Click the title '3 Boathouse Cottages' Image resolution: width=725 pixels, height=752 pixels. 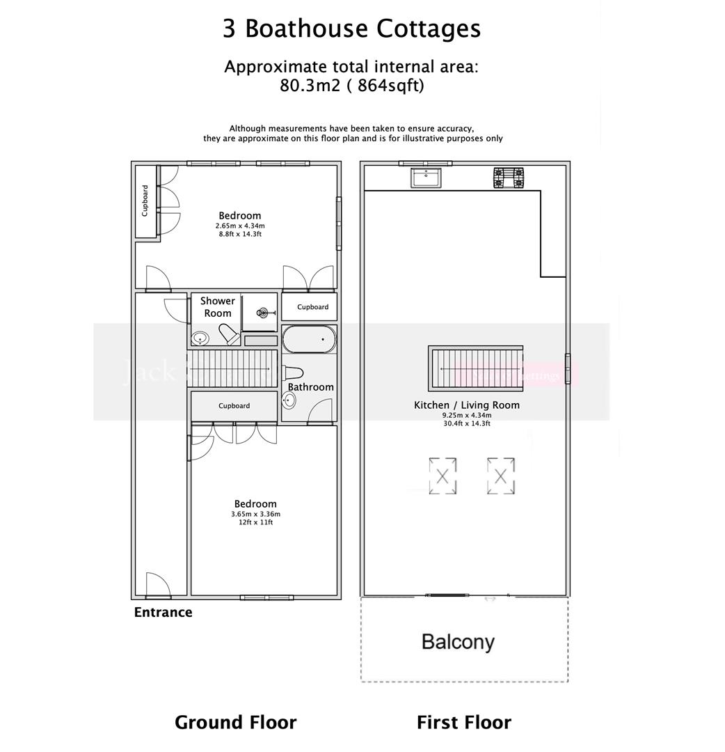click(351, 29)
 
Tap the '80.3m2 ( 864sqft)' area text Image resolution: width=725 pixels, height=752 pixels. click(352, 86)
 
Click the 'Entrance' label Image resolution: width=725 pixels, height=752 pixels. click(163, 613)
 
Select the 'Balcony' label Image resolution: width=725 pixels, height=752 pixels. click(458, 641)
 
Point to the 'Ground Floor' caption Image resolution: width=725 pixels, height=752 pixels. click(235, 723)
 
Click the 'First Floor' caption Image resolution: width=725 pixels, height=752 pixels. click(463, 723)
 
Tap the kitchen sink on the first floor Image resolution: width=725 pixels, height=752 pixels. click(425, 178)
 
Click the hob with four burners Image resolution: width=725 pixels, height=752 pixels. click(509, 178)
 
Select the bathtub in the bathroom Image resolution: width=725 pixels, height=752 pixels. click(309, 340)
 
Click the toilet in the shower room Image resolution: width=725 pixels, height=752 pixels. click(229, 334)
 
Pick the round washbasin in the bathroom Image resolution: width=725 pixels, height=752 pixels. click(289, 400)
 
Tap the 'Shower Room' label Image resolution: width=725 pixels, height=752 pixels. click(218, 307)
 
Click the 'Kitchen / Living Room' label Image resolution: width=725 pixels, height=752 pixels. click(466, 405)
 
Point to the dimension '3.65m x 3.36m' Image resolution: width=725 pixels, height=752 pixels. click(255, 515)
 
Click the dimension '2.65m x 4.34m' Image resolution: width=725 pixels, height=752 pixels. click(240, 226)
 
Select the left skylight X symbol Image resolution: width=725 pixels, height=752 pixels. click(443, 477)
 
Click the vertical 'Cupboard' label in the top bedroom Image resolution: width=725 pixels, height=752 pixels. click(145, 201)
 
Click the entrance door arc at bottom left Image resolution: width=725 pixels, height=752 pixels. click(158, 586)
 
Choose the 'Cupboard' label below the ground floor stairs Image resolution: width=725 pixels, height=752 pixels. click(234, 406)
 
